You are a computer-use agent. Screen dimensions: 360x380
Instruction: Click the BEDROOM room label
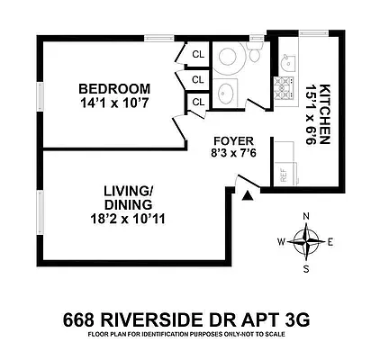113,88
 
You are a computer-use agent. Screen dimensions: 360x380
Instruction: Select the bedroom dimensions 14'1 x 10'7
113,104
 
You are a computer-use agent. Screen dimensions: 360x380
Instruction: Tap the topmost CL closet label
197,56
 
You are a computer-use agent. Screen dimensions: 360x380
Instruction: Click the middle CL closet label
197,79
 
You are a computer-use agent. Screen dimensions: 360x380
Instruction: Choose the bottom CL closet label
197,103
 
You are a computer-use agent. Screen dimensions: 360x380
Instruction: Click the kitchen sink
287,62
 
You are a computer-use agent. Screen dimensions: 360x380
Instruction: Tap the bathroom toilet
254,56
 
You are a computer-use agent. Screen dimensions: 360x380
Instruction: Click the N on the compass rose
307,216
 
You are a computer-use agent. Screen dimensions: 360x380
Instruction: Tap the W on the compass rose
282,241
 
